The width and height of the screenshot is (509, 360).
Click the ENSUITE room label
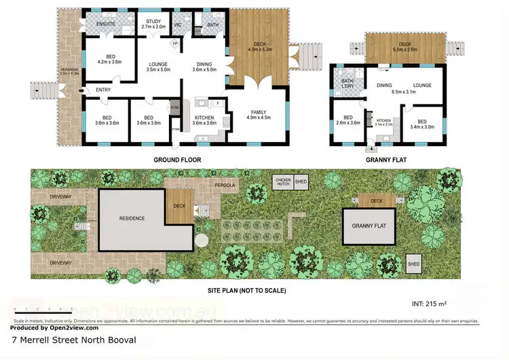point(105,24)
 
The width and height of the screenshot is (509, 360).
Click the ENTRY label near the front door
point(104,89)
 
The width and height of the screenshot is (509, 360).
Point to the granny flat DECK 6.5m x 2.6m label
point(405,46)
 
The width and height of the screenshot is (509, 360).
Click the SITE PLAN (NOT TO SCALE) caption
point(246,290)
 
